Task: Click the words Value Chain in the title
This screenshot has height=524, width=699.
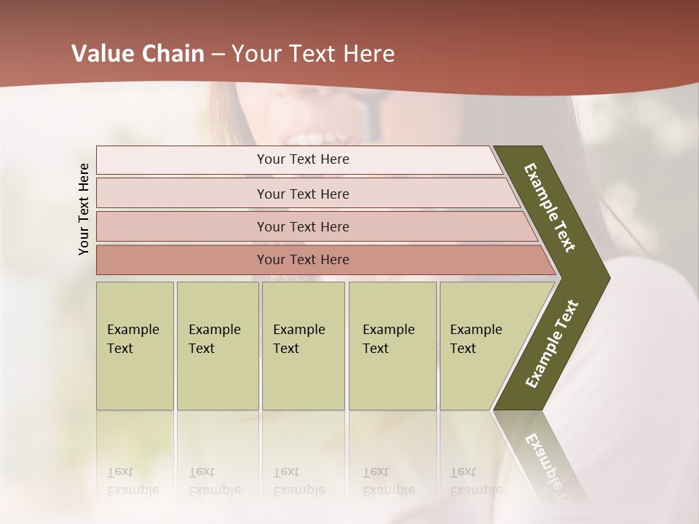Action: tap(138, 54)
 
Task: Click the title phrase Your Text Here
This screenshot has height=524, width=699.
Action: tap(313, 54)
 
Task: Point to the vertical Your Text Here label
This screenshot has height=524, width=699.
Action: tap(84, 209)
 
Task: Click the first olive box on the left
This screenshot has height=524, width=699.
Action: tap(135, 346)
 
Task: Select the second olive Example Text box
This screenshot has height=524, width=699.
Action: tap(217, 346)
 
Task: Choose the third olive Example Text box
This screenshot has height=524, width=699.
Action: tap(303, 346)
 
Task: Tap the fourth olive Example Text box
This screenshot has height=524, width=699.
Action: tap(392, 346)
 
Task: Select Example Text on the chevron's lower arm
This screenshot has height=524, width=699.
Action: tap(552, 344)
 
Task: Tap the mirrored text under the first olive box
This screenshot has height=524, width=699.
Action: tap(133, 481)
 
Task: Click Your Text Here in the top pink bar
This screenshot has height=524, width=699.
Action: tap(303, 159)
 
